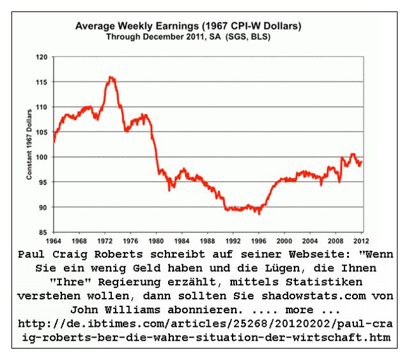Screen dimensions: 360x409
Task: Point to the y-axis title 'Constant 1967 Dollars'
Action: coord(29,144)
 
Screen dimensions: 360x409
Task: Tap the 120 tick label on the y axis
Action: coord(43,57)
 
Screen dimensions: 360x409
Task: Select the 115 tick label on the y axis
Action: coord(43,82)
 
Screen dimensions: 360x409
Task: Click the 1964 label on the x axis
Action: coord(54,241)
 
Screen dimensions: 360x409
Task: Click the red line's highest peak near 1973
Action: coord(111,77)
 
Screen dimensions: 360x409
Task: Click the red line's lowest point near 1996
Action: coord(259,213)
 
